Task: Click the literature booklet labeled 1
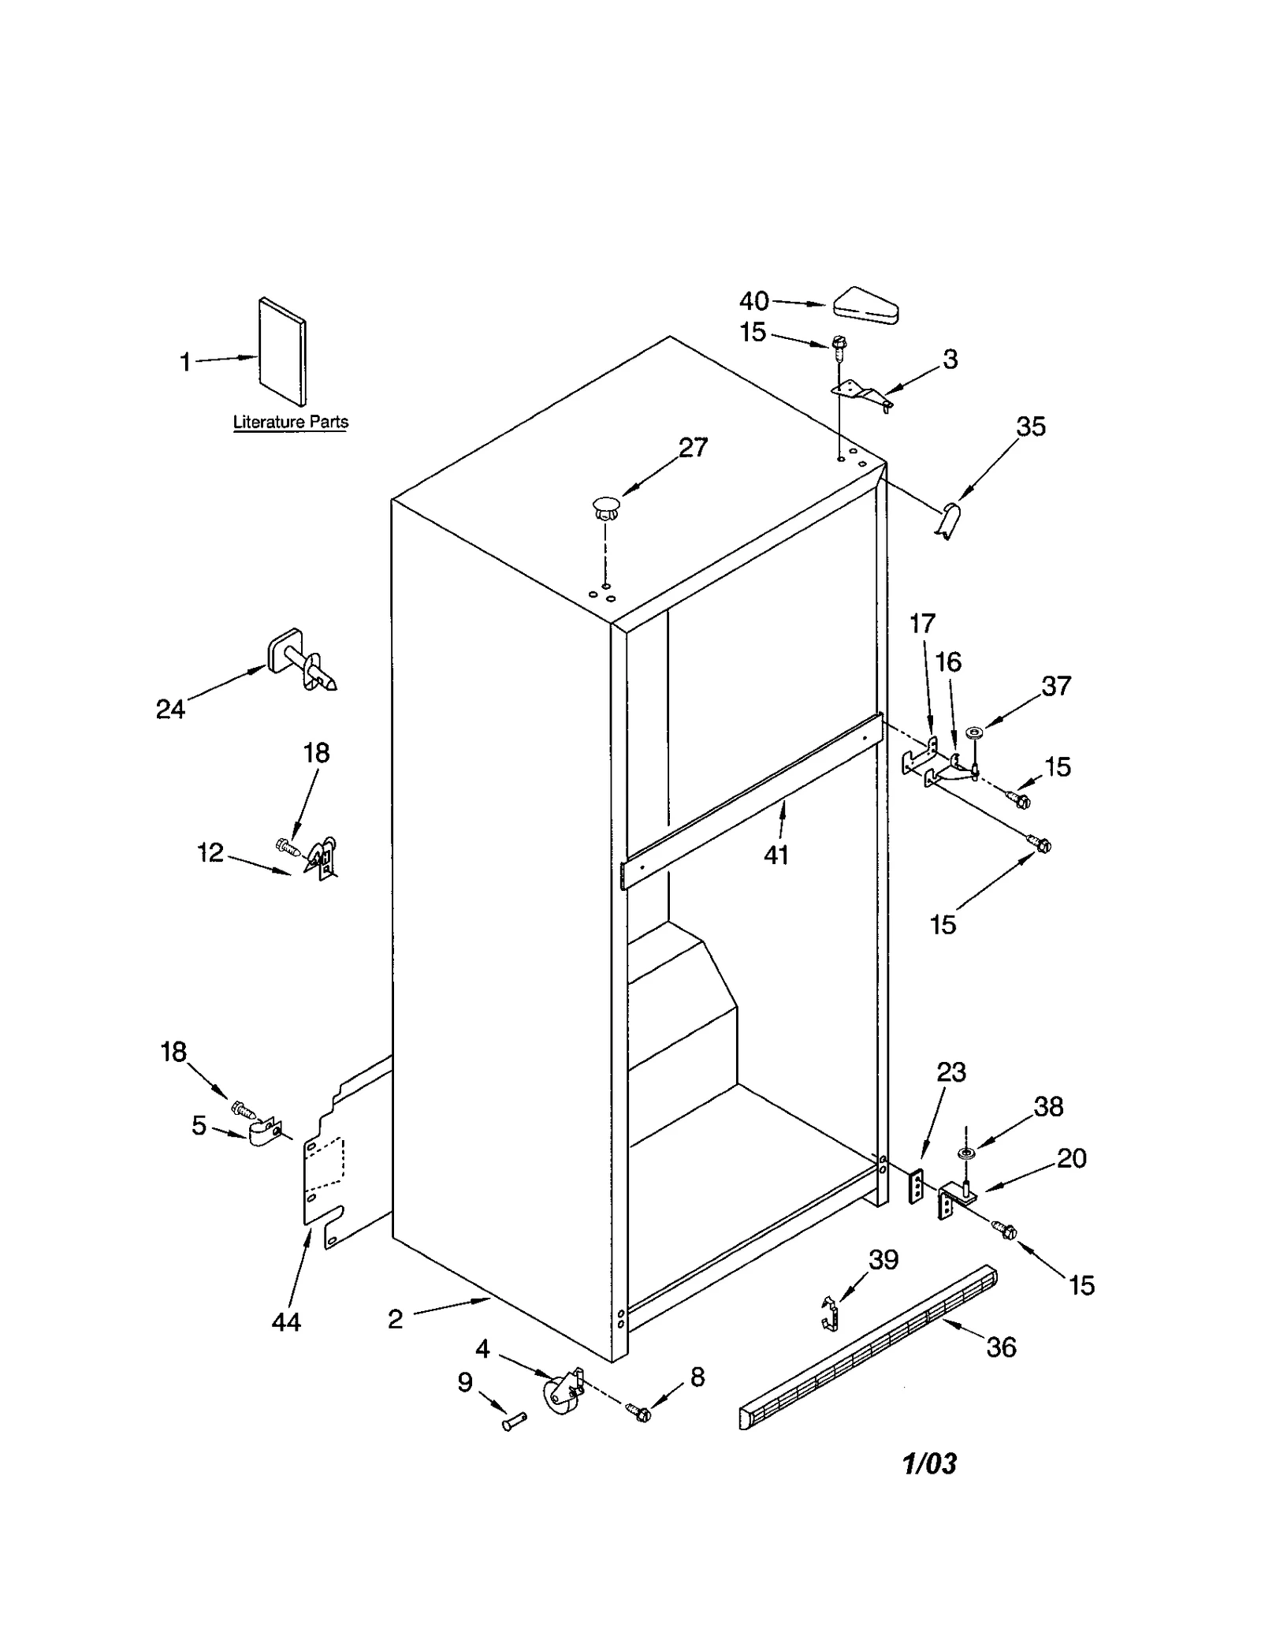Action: [x=281, y=351]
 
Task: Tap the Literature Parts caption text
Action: [x=290, y=422]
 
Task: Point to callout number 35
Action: [x=1030, y=427]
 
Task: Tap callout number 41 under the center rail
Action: [x=776, y=855]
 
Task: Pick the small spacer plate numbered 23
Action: [x=916, y=1187]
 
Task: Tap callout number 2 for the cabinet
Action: [x=396, y=1319]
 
